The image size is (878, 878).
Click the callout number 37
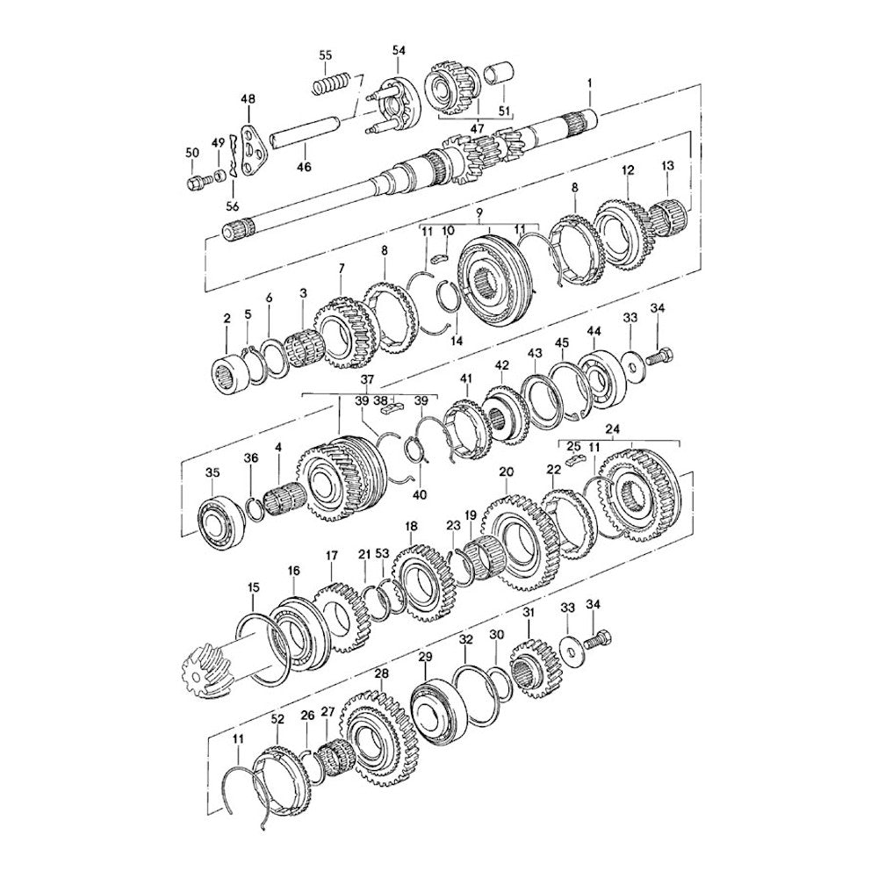click(x=367, y=380)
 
